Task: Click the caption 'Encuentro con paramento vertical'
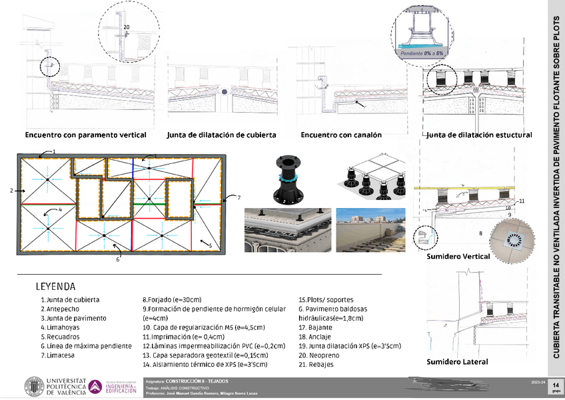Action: click(x=85, y=135)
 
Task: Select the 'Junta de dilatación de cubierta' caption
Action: click(x=222, y=135)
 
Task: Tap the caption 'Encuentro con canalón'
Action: click(x=341, y=135)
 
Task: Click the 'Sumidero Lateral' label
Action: click(x=457, y=362)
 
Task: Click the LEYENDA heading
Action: click(x=59, y=287)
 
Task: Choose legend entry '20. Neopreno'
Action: click(x=320, y=356)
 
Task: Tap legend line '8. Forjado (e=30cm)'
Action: click(x=172, y=300)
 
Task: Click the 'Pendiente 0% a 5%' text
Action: click(x=422, y=53)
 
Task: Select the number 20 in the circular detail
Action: click(x=127, y=26)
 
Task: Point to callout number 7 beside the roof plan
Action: click(x=239, y=197)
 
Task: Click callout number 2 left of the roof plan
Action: click(x=11, y=191)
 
